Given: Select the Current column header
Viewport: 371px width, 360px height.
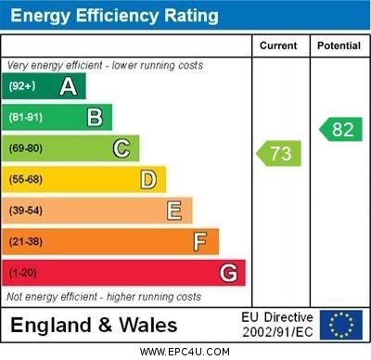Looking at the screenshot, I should pos(278,45).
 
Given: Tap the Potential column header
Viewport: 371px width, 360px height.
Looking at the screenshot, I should pos(339,45).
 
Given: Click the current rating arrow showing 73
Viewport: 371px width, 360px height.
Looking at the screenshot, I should pos(279,153).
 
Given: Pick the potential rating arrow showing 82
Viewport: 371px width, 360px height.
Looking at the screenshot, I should pos(340,129).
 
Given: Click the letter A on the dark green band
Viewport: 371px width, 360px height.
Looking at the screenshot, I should pos(68,86).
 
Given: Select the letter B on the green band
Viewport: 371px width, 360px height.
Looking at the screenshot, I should pos(95,117).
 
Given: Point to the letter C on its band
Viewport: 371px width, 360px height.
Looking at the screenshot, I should pos(121,148).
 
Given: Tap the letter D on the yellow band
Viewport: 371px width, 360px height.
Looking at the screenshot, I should pos(147,179).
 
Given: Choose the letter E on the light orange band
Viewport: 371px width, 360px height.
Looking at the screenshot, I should pos(173,211).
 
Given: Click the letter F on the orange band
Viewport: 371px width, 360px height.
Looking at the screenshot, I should pos(199,242).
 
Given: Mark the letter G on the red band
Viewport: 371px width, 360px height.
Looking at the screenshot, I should pos(227,273).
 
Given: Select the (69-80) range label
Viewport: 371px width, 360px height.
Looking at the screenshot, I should pos(26,148).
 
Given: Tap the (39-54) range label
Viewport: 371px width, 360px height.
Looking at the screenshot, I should pos(26,211).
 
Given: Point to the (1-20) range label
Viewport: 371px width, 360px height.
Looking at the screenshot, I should pos(23,273).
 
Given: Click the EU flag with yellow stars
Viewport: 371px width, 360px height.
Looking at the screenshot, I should pos(341,325).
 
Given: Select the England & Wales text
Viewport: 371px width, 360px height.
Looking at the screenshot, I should pos(94,325).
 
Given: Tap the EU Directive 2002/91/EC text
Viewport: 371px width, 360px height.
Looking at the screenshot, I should pos(278,325).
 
